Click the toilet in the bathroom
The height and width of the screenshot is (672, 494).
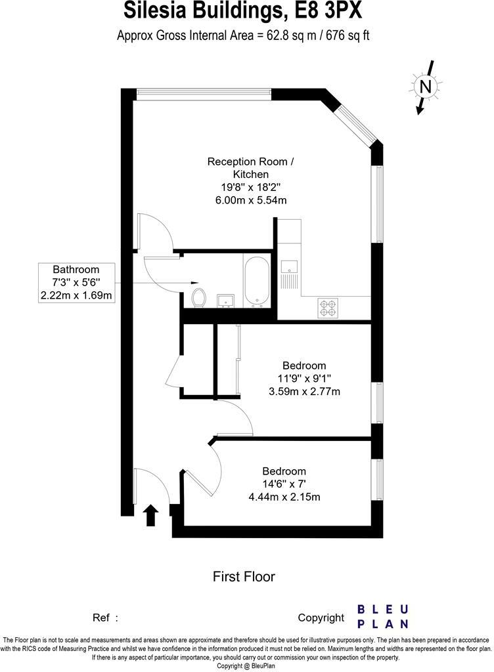click(x=198, y=297)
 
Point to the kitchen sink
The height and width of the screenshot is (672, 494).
click(x=289, y=267)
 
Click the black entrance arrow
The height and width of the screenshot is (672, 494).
click(x=151, y=515)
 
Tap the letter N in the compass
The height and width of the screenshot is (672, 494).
click(x=426, y=86)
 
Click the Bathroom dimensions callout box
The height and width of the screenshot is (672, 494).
click(x=76, y=282)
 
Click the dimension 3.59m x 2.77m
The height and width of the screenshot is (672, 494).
click(x=303, y=391)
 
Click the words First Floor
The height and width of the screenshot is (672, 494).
click(x=244, y=577)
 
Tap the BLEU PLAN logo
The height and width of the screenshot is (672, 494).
click(x=383, y=616)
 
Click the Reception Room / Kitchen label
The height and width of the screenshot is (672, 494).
click(x=251, y=167)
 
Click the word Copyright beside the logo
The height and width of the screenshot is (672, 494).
click(x=321, y=618)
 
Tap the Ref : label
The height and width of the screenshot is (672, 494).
click(x=106, y=618)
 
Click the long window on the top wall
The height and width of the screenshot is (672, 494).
click(x=204, y=94)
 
